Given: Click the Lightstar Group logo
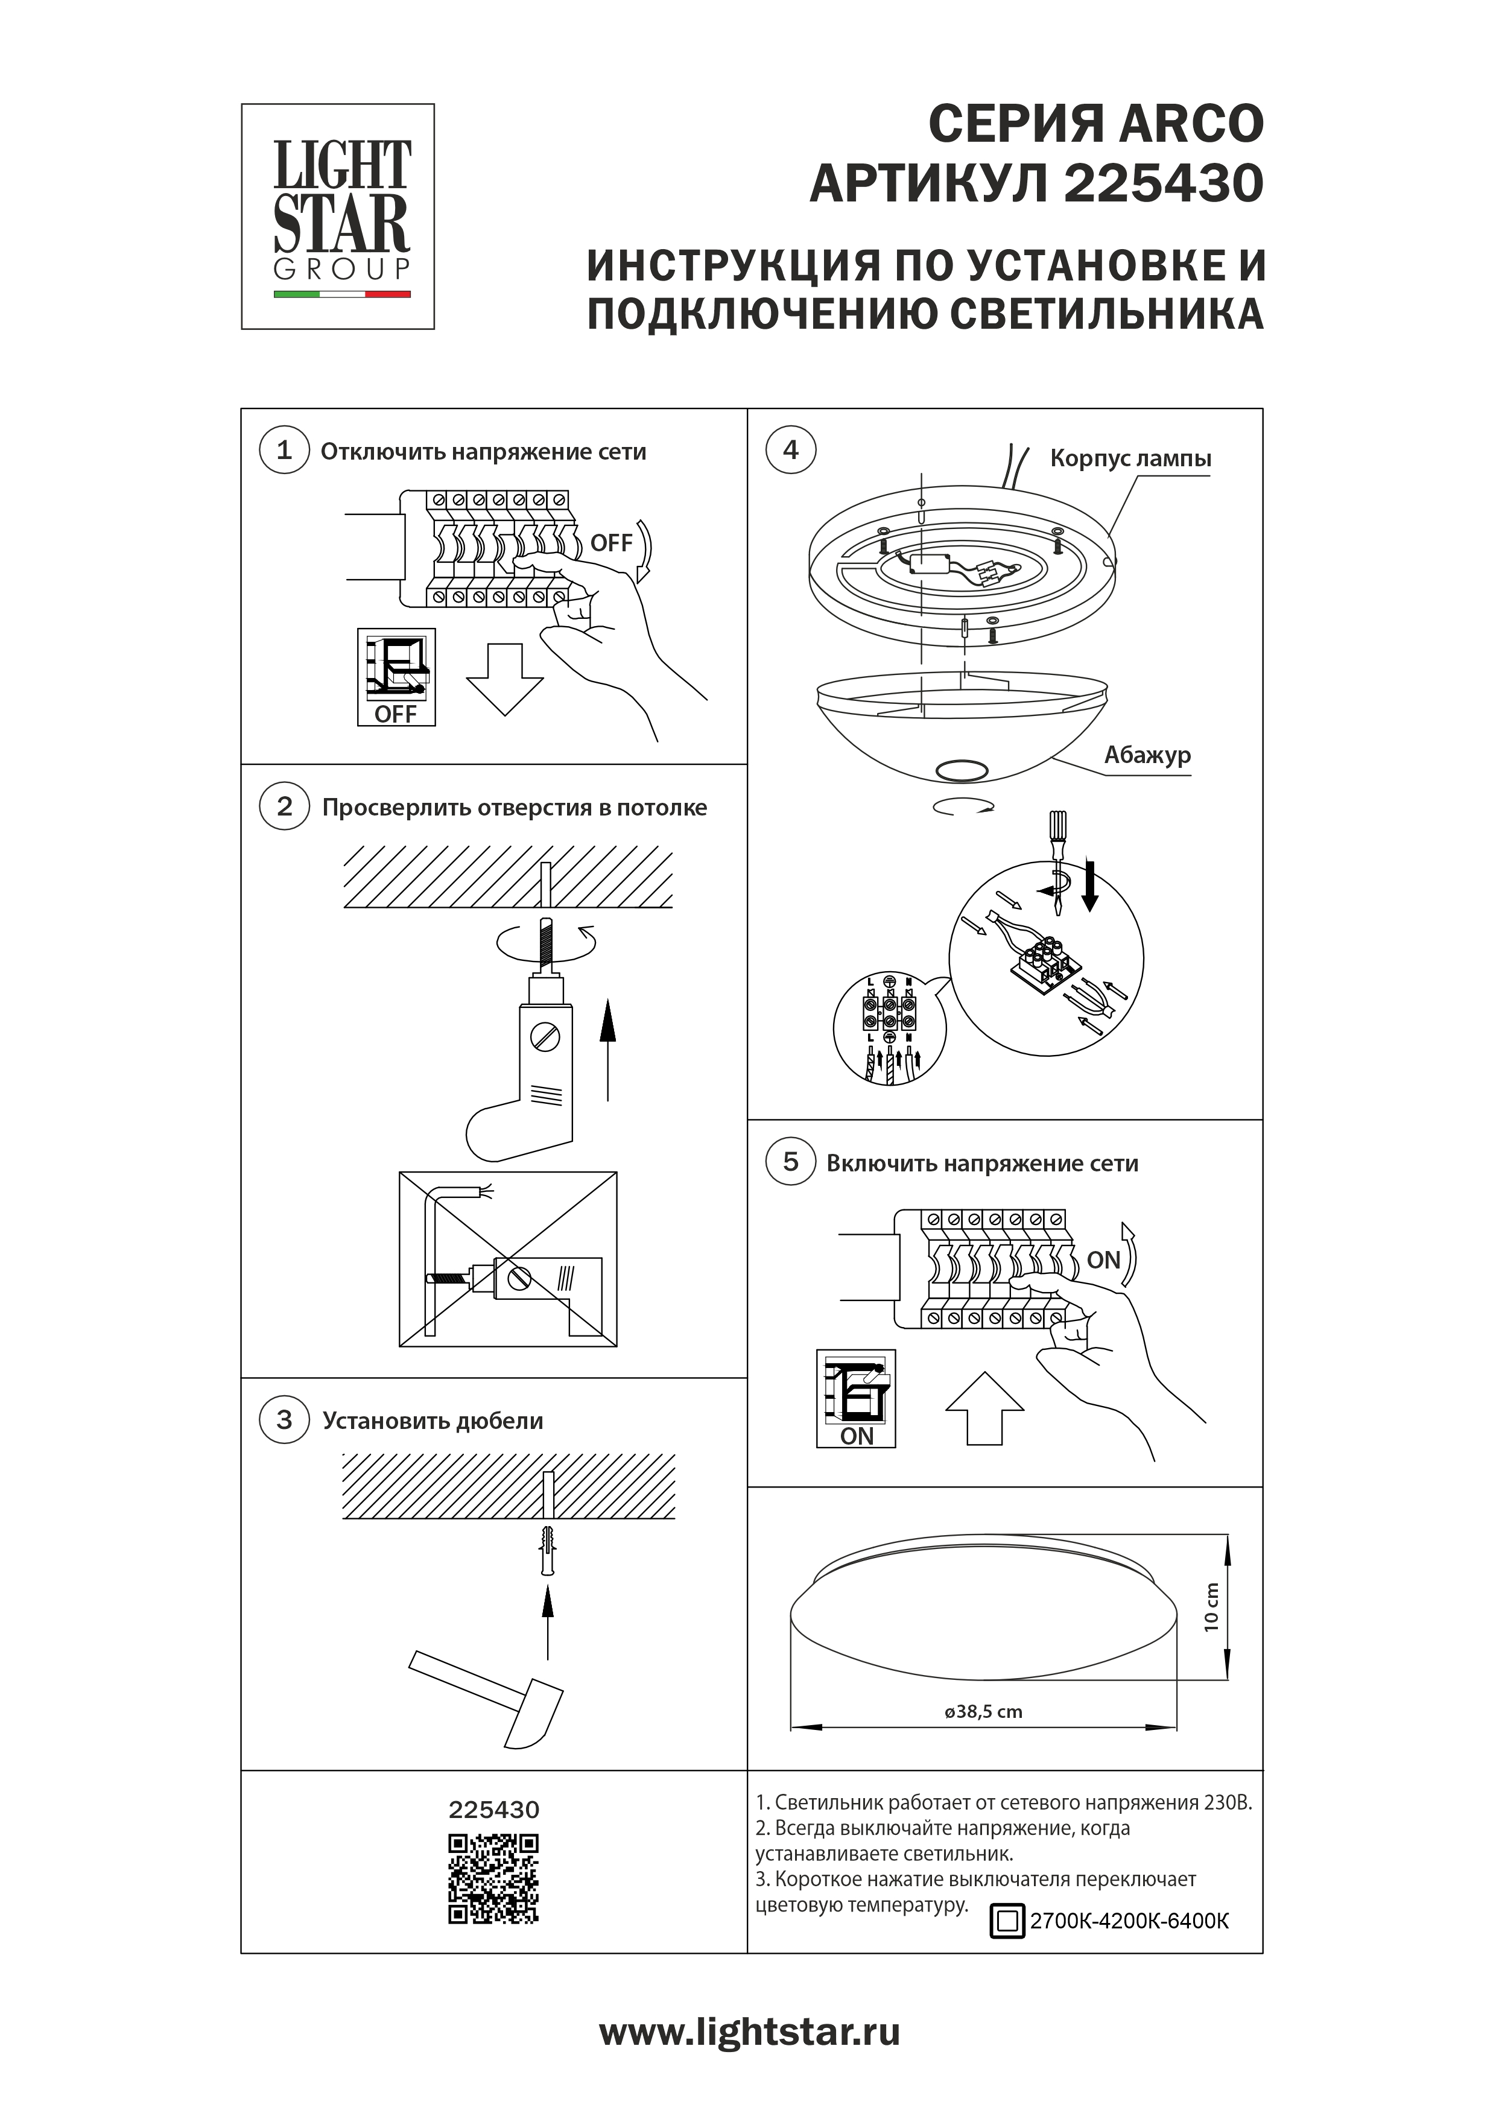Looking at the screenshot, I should pyautogui.click(x=337, y=217).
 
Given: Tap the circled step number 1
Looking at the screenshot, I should pyautogui.click(x=284, y=451).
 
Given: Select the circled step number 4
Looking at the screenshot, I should pyautogui.click(x=790, y=451).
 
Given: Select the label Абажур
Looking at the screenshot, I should pyautogui.click(x=1147, y=756).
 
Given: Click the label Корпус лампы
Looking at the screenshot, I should pyautogui.click(x=1130, y=459).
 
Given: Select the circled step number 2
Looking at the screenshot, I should pyautogui.click(x=284, y=806).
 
